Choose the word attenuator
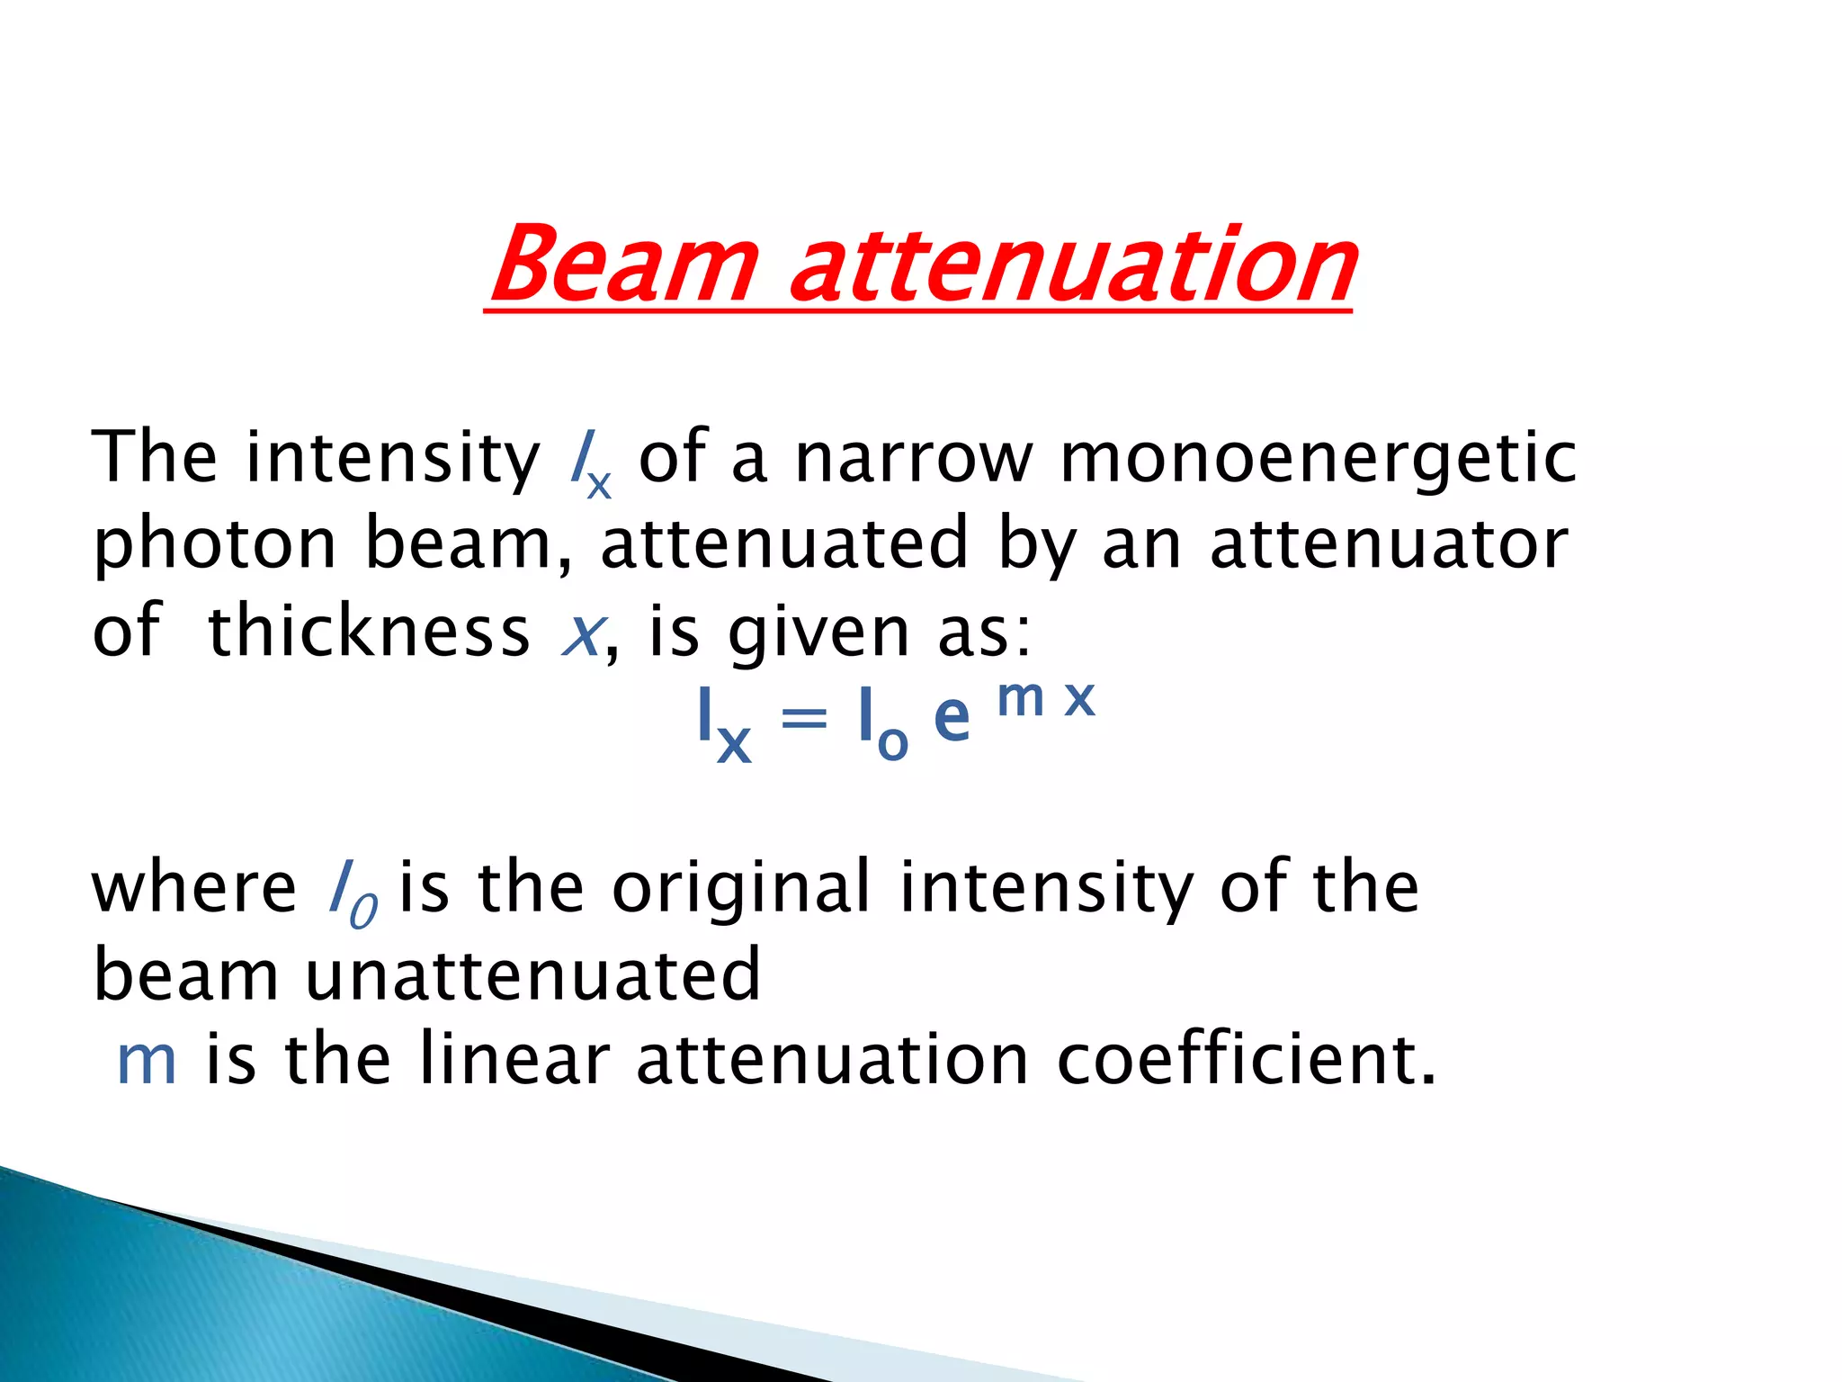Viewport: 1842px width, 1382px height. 1389,545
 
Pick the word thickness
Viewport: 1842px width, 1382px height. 369,632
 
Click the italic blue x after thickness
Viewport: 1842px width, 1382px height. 581,635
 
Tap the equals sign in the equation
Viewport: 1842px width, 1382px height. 803,720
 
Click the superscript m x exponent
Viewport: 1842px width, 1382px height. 1047,698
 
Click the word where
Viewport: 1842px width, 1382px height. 194,889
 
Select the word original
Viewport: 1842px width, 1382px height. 741,889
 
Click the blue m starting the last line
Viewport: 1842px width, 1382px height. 147,1062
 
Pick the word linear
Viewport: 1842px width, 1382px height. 514,1060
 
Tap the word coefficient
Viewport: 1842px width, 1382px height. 1245,1060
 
